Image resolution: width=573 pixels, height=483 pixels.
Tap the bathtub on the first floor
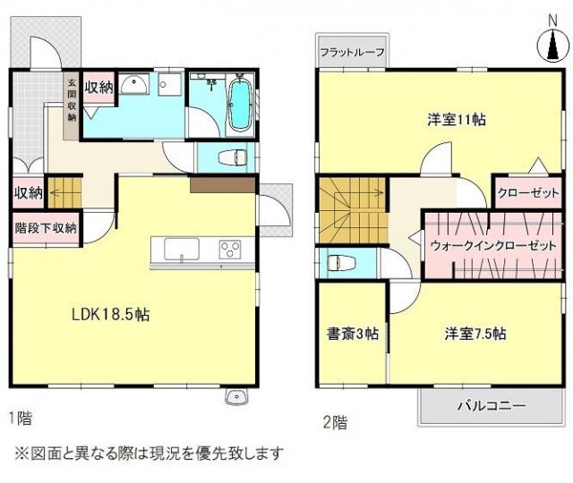point(239,105)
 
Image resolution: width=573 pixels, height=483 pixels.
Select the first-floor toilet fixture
point(233,158)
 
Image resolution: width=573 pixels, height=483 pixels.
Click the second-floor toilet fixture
point(341,263)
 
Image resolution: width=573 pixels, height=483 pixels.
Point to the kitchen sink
point(182,249)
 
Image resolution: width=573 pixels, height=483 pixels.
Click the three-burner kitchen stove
point(230,250)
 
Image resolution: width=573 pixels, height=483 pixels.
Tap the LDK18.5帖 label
point(110,314)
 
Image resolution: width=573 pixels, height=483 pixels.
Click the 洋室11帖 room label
point(457,120)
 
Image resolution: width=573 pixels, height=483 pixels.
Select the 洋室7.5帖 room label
point(475,334)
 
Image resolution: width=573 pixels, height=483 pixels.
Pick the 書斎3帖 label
point(352,334)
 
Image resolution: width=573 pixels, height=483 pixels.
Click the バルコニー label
point(492,405)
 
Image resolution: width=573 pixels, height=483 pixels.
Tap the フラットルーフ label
point(352,52)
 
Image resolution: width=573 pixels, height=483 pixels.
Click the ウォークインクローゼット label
point(493,245)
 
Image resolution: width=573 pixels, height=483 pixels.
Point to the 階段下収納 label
point(46,228)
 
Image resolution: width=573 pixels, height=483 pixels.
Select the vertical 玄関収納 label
point(72,100)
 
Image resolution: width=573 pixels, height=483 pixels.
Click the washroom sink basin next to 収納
point(134,84)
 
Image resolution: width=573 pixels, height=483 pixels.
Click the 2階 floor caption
point(335,422)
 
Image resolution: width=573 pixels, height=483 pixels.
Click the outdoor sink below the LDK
point(237,397)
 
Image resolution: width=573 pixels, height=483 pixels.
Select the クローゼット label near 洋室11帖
point(528,193)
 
